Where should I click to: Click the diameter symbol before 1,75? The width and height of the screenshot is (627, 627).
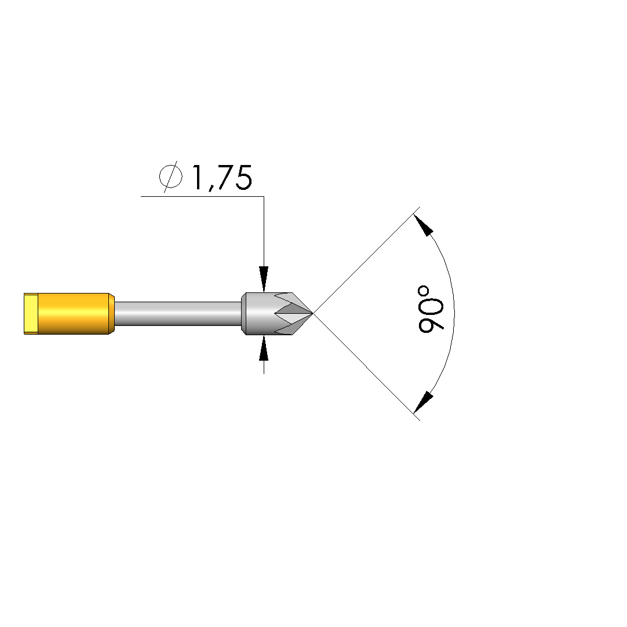[x=171, y=177]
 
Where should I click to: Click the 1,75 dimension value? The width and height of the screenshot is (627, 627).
[x=223, y=178]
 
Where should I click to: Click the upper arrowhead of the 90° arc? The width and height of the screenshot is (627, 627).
[x=424, y=225]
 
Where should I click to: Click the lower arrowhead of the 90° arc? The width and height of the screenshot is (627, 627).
[x=424, y=402]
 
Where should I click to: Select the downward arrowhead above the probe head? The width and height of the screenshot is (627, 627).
[x=264, y=278]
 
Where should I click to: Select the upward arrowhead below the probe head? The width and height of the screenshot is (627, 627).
[x=264, y=349]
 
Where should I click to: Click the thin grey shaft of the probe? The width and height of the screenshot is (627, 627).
[x=178, y=314]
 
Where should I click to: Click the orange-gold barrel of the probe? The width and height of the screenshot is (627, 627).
[x=74, y=314]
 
